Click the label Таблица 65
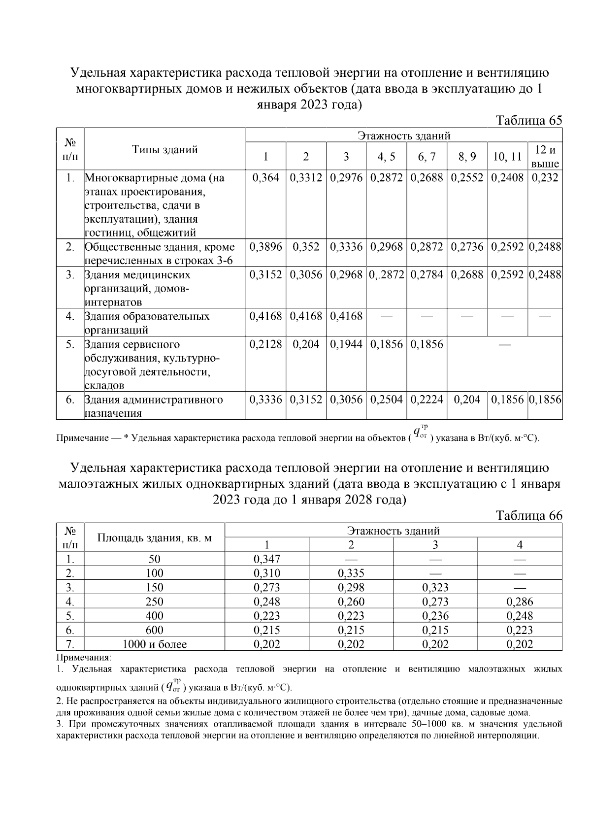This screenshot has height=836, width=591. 528,121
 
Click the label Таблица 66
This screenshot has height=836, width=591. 528,515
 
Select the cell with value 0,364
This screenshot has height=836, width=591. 265,177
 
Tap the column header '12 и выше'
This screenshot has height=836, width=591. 545,157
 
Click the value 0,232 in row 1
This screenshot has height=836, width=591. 545,177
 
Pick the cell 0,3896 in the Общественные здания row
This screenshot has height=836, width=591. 265,247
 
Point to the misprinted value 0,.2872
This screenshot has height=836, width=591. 387,274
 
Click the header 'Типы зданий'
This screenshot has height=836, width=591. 164,150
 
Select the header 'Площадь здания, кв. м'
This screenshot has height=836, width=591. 154,537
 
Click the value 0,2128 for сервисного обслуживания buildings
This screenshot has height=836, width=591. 265,344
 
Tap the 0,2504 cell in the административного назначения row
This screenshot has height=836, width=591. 387,400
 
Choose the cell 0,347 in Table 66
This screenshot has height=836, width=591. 266,559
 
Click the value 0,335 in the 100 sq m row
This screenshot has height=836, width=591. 351,573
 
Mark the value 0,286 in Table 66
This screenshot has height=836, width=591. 520,601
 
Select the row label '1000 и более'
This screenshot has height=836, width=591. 154,644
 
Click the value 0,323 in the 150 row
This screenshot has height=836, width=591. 435,587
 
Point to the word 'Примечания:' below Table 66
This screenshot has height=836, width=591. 84,657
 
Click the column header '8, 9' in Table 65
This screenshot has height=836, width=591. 467,157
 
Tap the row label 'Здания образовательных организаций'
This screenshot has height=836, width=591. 147,323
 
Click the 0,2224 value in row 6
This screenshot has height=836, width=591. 427,400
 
